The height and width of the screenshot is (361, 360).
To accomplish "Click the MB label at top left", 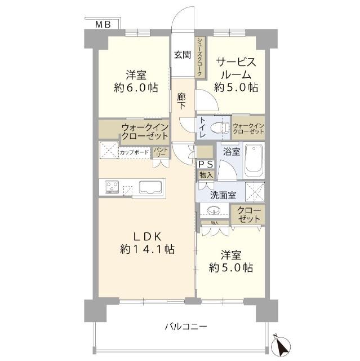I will point(103,24).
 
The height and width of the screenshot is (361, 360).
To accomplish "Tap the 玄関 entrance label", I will point(182,55).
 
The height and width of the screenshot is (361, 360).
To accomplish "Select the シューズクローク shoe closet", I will point(200,57).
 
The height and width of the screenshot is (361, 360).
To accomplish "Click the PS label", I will point(205,164).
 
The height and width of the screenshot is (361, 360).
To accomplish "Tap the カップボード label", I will point(135,152).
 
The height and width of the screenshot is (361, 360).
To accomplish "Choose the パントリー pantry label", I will point(160,152).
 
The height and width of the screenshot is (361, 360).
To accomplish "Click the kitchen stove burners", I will point(110,187).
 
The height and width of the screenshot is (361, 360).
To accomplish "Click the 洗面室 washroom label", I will point(223,195).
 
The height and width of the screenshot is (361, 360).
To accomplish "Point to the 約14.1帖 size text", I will point(146,249).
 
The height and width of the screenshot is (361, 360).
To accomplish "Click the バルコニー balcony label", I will point(185,327).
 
